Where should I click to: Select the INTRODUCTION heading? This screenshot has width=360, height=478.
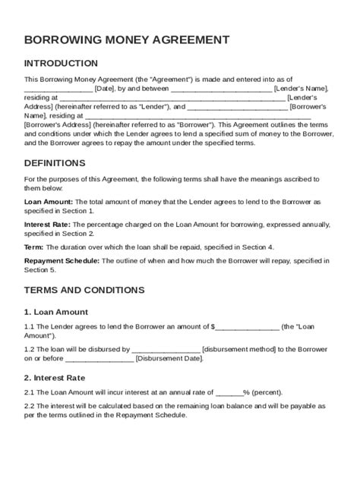click(x=62, y=63)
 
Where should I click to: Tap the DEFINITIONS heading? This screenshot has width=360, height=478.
click(x=55, y=163)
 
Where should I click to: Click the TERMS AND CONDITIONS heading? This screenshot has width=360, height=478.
click(x=84, y=290)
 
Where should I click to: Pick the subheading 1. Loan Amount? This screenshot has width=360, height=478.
click(x=56, y=311)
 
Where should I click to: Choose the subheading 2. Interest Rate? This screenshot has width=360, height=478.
click(x=55, y=377)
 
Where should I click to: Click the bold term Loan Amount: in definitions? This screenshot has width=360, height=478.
click(x=49, y=201)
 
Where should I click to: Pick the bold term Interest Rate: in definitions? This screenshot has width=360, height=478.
click(x=49, y=225)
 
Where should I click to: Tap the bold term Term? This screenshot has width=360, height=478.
click(x=34, y=247)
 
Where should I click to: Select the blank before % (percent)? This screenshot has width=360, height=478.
click(x=229, y=392)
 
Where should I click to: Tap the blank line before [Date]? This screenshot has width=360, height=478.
click(x=58, y=89)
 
